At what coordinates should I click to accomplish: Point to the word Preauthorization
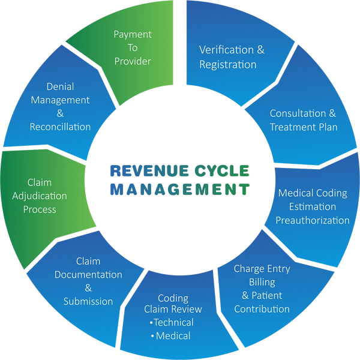312,220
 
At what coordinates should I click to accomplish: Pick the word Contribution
262,309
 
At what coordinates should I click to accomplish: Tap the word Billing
262,282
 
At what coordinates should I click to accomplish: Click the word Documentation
88,275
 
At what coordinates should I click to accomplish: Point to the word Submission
88,301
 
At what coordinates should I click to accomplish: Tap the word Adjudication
40,196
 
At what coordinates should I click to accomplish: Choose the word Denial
60,86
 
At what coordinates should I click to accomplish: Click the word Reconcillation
60,127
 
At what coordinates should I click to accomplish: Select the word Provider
132,61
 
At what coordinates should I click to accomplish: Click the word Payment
132,34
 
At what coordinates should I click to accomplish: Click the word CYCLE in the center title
223,170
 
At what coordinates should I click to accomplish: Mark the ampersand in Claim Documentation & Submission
88,288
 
